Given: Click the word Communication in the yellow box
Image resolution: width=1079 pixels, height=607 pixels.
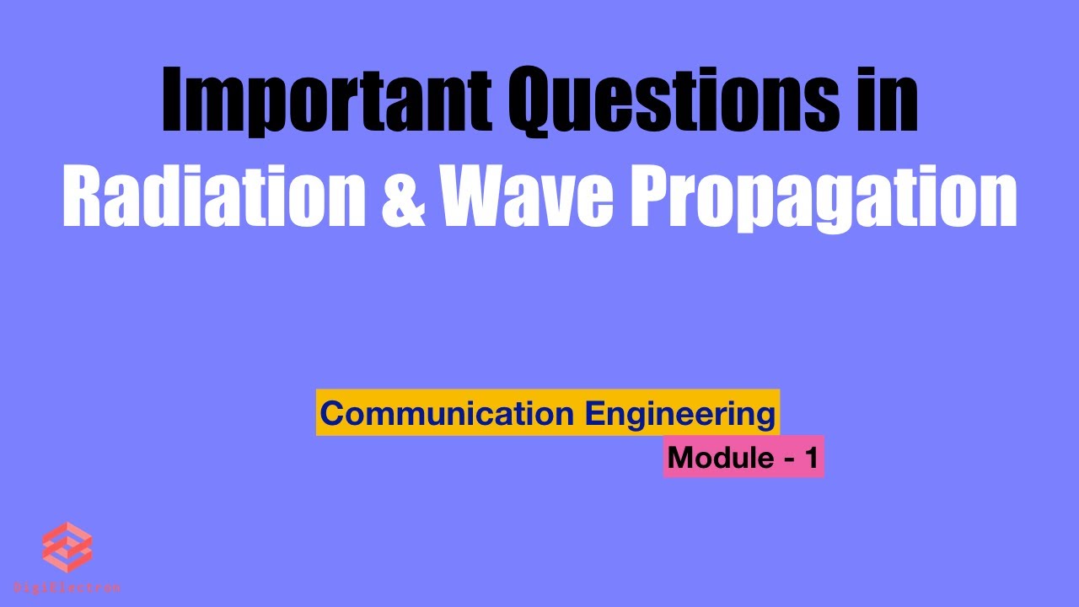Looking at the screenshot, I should point(447,413).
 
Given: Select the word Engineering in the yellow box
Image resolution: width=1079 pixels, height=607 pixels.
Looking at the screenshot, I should point(679,414).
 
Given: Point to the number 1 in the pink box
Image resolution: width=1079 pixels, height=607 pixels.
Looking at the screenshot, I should point(811,458).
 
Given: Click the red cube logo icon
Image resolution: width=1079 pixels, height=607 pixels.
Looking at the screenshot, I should point(67,547).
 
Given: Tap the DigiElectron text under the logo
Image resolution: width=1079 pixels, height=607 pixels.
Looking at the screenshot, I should point(67,587).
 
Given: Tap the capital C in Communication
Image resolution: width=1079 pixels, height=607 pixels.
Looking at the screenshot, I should point(332,414).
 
